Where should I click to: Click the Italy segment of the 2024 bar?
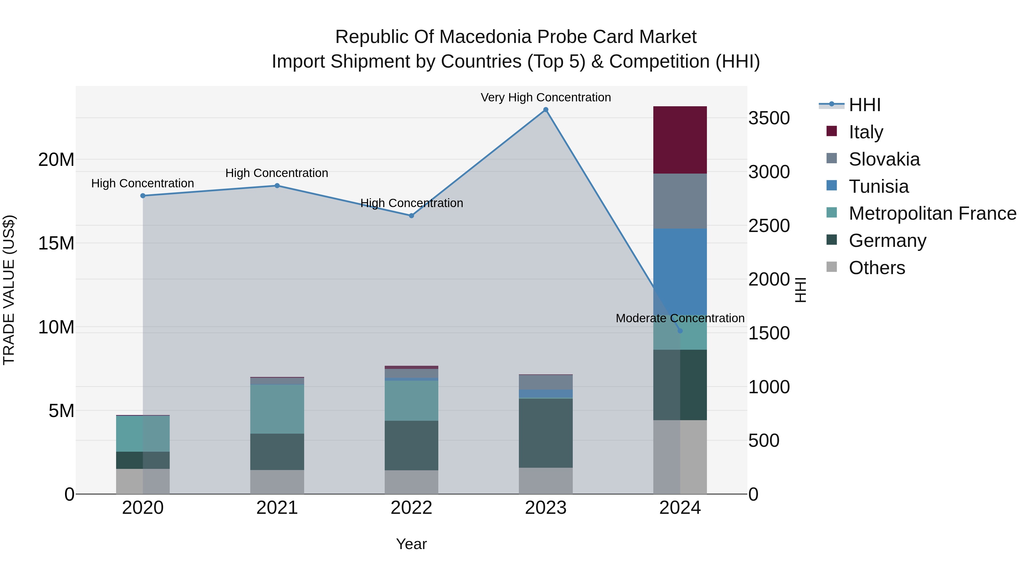coord(680,140)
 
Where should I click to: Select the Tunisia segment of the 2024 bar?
coord(680,272)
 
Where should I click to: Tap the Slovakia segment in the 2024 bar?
coord(680,201)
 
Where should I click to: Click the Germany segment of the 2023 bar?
coord(546,433)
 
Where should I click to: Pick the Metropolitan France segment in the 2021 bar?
coord(277,409)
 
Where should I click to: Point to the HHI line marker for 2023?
coord(546,110)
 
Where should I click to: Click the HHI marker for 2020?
coord(143,196)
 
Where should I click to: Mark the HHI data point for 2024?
coord(680,331)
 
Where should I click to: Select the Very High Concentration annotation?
coord(546,97)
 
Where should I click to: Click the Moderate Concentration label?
coord(680,318)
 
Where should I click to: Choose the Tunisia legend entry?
coord(879,186)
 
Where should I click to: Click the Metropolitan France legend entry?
coord(932,213)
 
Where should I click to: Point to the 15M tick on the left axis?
coord(56,243)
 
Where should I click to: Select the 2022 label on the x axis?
coord(411,508)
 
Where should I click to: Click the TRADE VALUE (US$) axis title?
coord(9,290)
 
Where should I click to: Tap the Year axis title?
coord(411,544)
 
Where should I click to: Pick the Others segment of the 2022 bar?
coord(411,482)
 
